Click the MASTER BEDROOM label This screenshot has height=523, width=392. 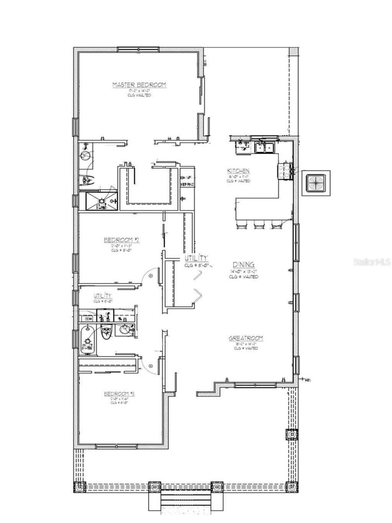pyautogui.click(x=139, y=85)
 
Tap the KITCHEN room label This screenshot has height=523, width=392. pyautogui.click(x=238, y=171)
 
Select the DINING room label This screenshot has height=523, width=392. pyautogui.click(x=243, y=265)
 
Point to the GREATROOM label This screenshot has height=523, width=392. pyautogui.click(x=246, y=338)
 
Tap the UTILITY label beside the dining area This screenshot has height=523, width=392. pyautogui.click(x=196, y=258)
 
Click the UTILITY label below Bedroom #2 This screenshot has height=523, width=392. pyautogui.click(x=103, y=296)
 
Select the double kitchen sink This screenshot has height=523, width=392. pyautogui.click(x=264, y=147)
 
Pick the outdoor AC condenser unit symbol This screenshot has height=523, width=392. pyautogui.click(x=315, y=182)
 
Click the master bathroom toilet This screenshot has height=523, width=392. pyautogui.click(x=88, y=179)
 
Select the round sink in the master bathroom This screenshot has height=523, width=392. pyautogui.click(x=87, y=155)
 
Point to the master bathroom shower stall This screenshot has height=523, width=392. pyautogui.click(x=100, y=201)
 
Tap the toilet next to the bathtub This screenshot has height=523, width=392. pyautogui.click(x=106, y=333)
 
